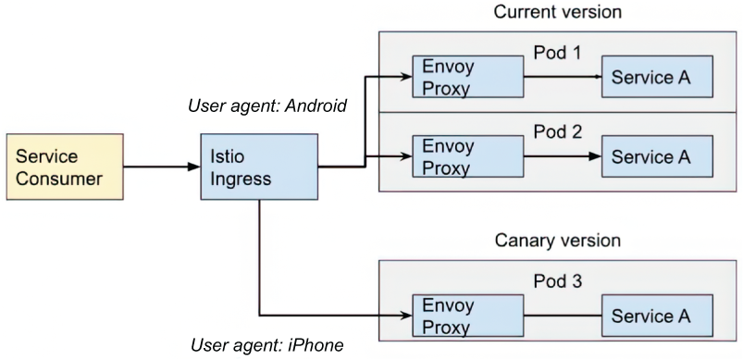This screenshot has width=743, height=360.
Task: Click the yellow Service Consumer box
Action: coord(65,167)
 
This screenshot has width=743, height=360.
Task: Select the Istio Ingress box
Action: coord(259,167)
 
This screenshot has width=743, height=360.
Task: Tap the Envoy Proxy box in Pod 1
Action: coord(467,77)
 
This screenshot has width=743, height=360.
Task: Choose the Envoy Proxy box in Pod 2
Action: coord(467,156)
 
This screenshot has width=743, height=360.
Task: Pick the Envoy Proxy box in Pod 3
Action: coord(467,316)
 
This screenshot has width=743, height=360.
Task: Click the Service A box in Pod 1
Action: coord(657,77)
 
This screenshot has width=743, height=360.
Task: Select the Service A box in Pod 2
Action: coord(657,156)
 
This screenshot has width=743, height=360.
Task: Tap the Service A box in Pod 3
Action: coord(657,316)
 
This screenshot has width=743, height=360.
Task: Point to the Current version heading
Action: coord(558,12)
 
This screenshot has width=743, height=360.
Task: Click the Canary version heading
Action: coord(558,241)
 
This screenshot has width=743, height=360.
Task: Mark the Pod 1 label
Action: coord(557,53)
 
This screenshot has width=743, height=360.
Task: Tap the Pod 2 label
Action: coord(557,132)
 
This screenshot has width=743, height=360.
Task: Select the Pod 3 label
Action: coord(557,281)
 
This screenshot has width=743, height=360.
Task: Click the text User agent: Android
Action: coord(267,106)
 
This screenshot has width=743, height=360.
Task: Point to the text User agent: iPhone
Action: coord(266,345)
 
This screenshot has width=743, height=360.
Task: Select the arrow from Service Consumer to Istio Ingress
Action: coord(162,167)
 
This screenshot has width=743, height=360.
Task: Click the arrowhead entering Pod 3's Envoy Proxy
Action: coord(406,316)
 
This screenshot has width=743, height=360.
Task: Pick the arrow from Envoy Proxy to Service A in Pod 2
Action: coord(563,156)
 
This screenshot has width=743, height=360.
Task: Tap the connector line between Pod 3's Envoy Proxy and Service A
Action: coord(563,316)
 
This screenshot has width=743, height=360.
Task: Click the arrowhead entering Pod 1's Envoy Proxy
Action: coord(406,77)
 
